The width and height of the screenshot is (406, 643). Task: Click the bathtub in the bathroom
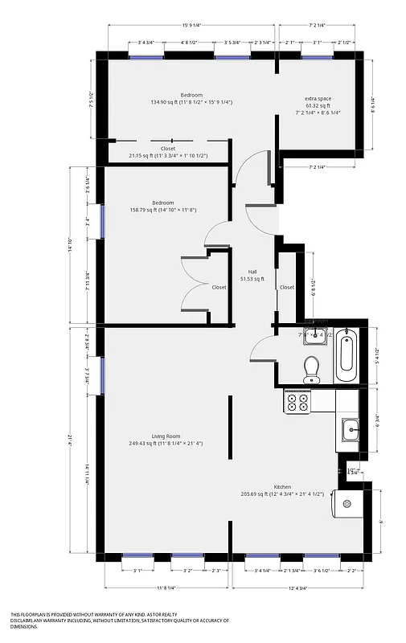click(x=345, y=354)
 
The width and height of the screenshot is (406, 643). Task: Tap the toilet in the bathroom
click(x=312, y=368)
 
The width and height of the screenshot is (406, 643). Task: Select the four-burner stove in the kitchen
click(x=297, y=399)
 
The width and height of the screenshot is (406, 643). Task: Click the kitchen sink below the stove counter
click(x=350, y=430)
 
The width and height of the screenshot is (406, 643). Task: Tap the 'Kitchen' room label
click(x=282, y=487)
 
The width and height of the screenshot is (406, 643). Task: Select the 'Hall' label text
click(x=252, y=272)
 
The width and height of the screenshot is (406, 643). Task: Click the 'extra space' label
click(x=318, y=99)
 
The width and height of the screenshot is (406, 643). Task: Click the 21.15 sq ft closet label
click(x=168, y=149)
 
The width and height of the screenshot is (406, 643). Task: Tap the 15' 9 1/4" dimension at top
click(x=191, y=26)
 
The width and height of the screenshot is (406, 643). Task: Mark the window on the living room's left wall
click(x=102, y=375)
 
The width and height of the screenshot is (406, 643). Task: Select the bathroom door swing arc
click(x=260, y=347)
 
